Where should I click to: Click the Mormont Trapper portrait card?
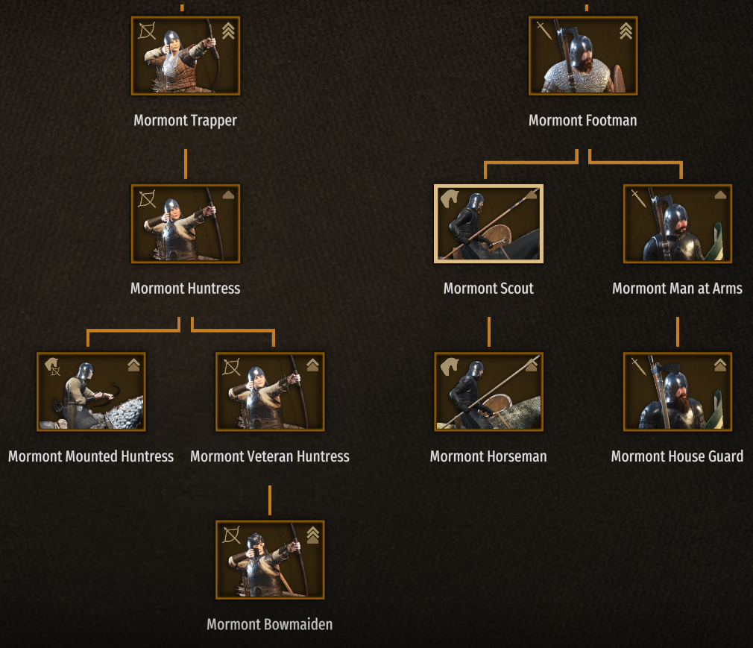186,56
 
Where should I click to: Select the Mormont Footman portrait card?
583,56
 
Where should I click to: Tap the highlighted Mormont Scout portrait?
488,224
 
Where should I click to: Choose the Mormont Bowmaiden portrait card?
270,559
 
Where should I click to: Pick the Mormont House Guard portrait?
677,391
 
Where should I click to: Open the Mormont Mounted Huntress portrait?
91,391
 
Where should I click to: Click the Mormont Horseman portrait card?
488,391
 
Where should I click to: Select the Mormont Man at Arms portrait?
677,224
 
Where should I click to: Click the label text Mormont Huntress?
186,289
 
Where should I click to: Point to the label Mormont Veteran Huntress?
270,456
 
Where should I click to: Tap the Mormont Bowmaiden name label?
270,625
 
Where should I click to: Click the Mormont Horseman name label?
488,456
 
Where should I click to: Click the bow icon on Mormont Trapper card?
148,32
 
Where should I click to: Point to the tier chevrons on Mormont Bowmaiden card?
312,534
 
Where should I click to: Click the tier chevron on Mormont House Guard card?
719,365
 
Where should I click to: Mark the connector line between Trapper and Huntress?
186,164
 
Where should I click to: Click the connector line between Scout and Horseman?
488,332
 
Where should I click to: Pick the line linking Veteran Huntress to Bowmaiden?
270,500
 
